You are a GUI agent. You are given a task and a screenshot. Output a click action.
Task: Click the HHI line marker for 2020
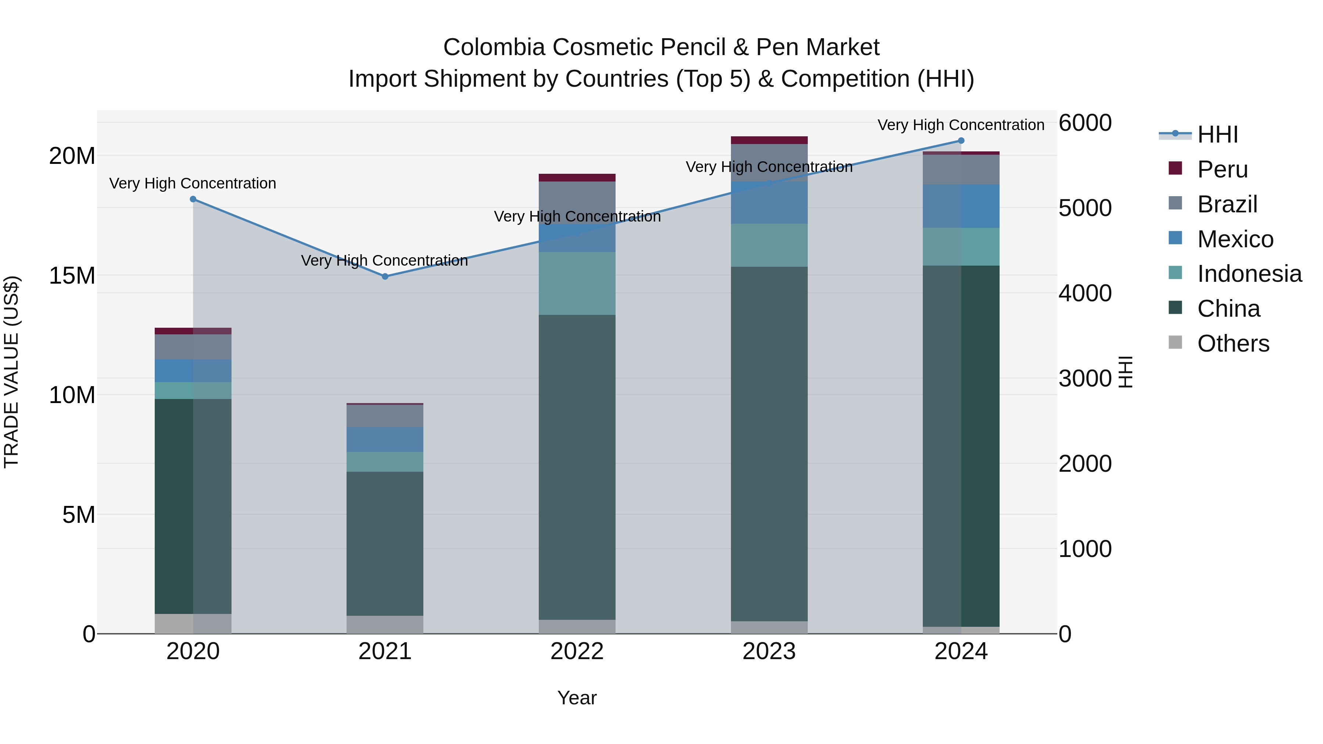point(193,199)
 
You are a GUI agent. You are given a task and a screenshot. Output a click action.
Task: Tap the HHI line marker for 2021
point(385,276)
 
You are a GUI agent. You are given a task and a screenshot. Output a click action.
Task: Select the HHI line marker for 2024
point(961,141)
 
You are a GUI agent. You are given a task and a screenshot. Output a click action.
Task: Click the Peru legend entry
point(1222,169)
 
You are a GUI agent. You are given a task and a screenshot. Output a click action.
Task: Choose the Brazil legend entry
point(1227,204)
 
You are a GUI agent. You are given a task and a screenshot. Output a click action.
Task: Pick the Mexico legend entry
point(1235,239)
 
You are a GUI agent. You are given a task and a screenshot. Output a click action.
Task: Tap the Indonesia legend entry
point(1249,274)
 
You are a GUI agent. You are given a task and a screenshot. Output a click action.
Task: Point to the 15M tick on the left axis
point(72,276)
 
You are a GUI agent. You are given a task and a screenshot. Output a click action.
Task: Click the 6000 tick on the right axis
point(1085,123)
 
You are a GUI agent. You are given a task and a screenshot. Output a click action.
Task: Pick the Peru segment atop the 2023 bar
point(769,140)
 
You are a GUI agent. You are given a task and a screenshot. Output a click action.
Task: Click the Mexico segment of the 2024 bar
point(961,206)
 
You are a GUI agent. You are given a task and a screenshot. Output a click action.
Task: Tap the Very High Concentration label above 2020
point(193,183)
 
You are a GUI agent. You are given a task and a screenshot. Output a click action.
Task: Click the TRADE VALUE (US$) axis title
point(11,372)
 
